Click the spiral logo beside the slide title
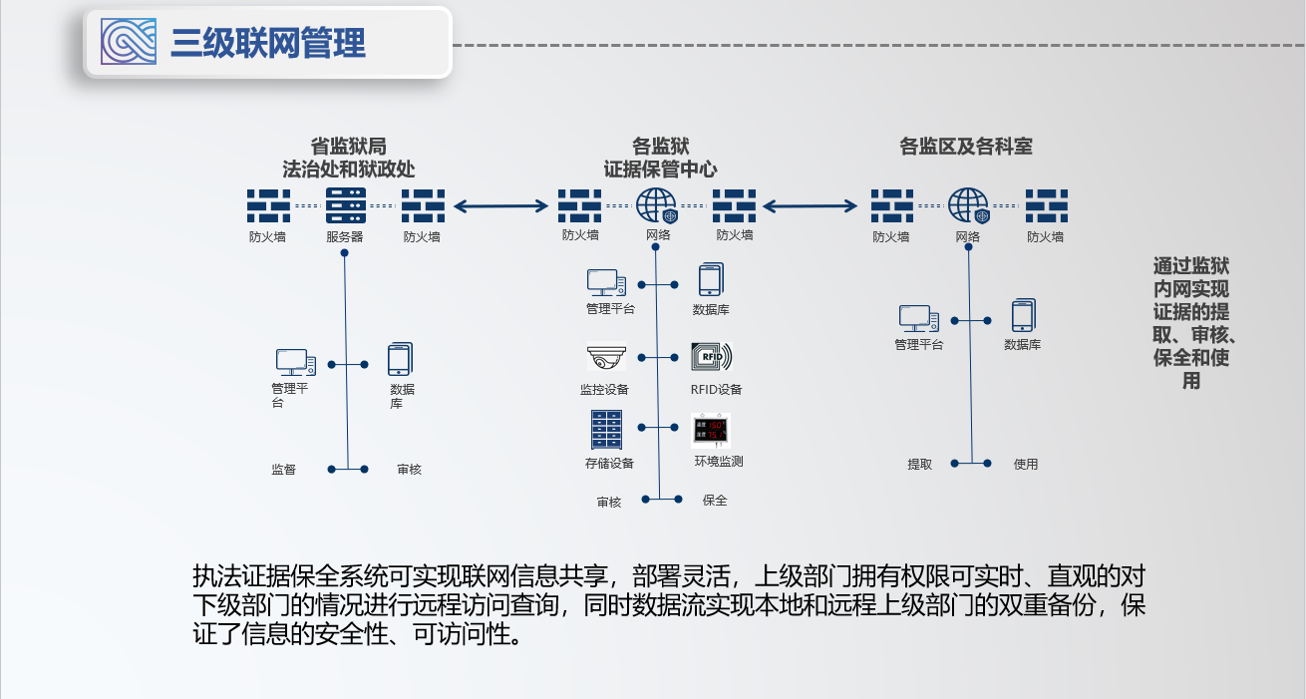pyautogui.click(x=129, y=42)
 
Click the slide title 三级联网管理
pyautogui.click(x=268, y=43)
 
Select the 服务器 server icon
pyautogui.click(x=345, y=205)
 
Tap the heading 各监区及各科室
pyautogui.click(x=965, y=147)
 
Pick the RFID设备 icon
pyautogui.click(x=711, y=358)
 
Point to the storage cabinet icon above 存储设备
pyautogui.click(x=606, y=430)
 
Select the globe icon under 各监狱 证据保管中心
pyautogui.click(x=657, y=205)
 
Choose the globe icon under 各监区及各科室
pyautogui.click(x=968, y=205)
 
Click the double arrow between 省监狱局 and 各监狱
pyautogui.click(x=500, y=206)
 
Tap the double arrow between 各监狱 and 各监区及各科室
pyautogui.click(x=811, y=206)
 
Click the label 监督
pyautogui.click(x=284, y=469)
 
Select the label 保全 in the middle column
pyautogui.click(x=715, y=501)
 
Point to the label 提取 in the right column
pyautogui.click(x=919, y=465)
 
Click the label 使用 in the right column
pyautogui.click(x=1026, y=465)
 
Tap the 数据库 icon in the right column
pyautogui.click(x=1023, y=316)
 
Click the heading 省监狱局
pyautogui.click(x=348, y=147)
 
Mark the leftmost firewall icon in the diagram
pyautogui.click(x=268, y=205)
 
